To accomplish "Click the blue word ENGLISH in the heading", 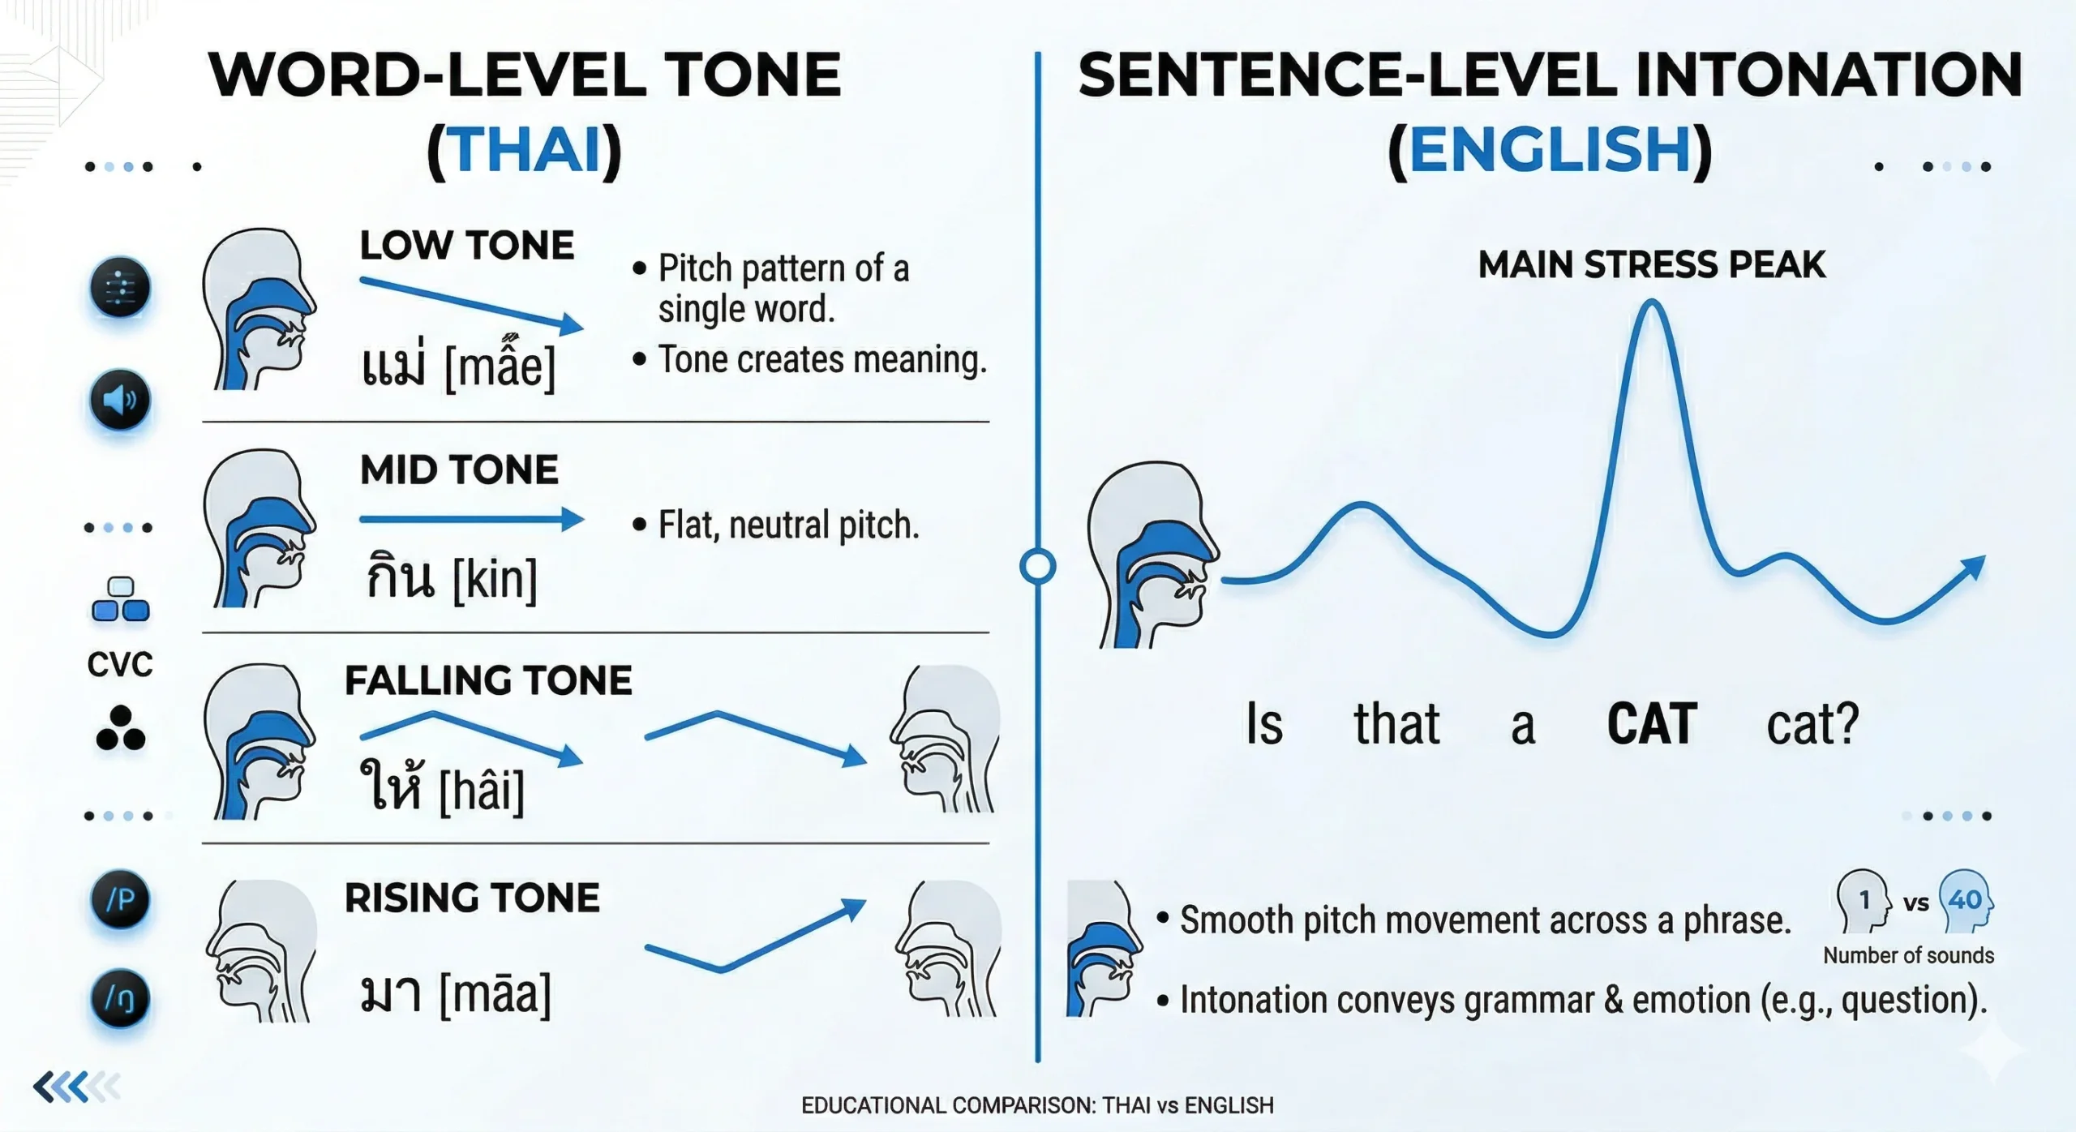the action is (x=1550, y=150).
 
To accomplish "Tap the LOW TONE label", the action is (x=467, y=245).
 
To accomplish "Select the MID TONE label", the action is (x=459, y=470).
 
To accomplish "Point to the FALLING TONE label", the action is (x=488, y=680).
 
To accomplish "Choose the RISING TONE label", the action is (x=472, y=898).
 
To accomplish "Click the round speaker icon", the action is (x=120, y=400).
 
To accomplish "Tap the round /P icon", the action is (x=120, y=898).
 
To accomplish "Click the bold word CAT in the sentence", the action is (x=1652, y=724).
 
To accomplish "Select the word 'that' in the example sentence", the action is (x=1396, y=723).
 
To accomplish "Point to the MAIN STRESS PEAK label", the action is (x=1652, y=265).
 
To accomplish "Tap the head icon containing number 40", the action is (x=1966, y=900).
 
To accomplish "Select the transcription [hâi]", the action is (x=482, y=790).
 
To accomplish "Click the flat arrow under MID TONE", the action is (x=471, y=519).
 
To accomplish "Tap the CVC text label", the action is (x=120, y=665).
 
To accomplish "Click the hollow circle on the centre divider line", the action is (x=1037, y=566).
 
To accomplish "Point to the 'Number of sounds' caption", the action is (x=1909, y=955).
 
